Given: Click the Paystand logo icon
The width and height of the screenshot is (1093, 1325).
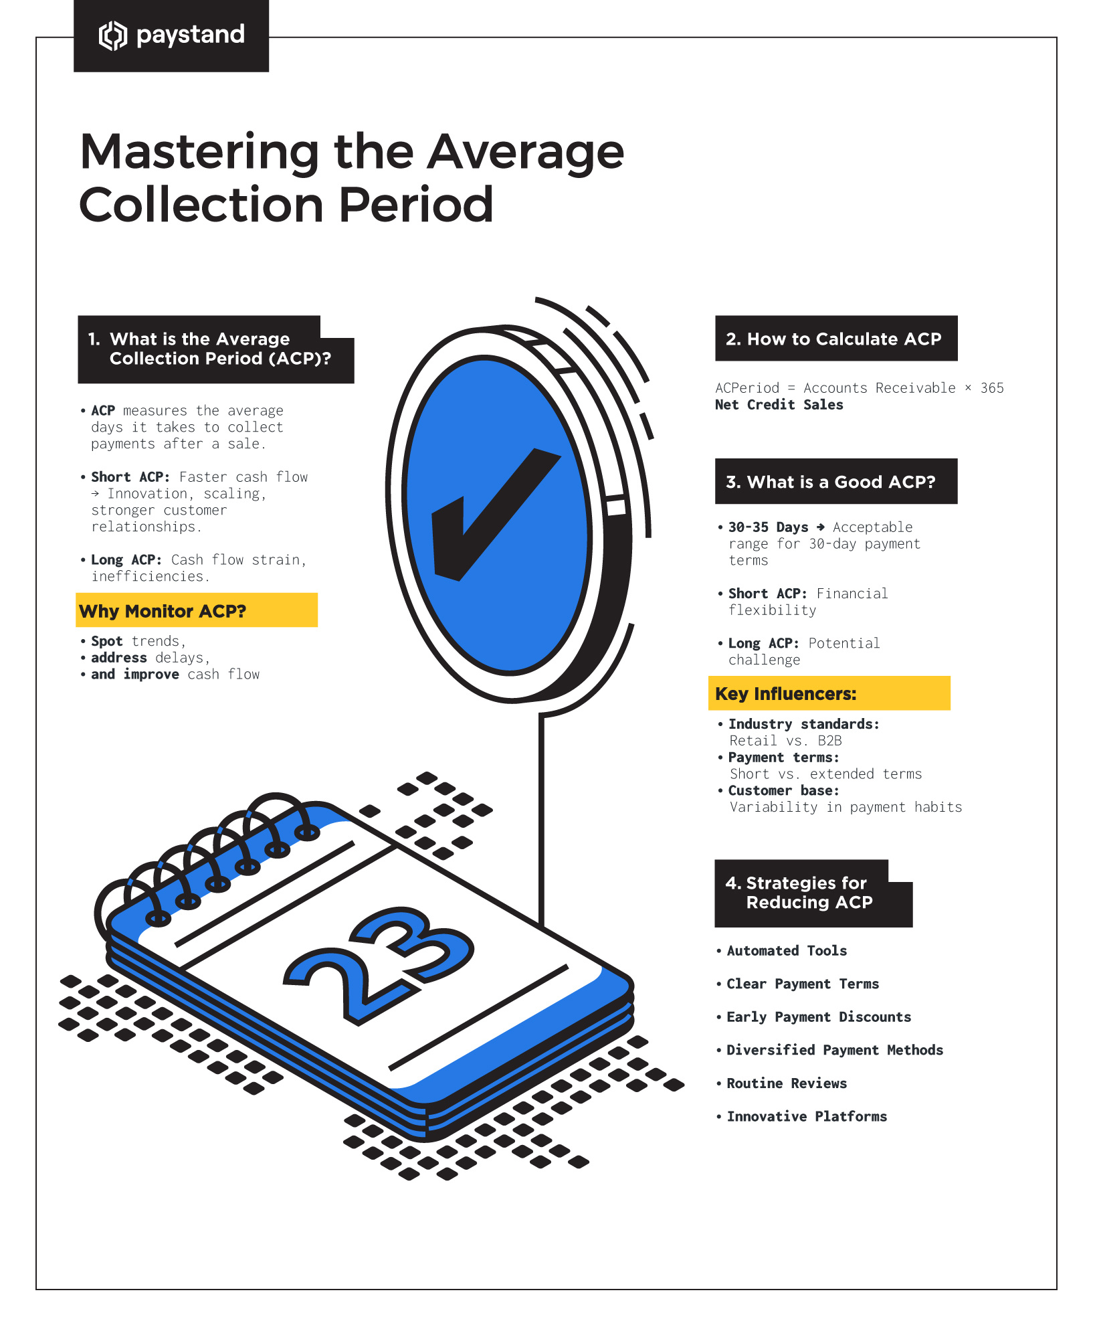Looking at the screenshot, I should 112,35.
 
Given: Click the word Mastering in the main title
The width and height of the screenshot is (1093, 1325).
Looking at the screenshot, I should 199,153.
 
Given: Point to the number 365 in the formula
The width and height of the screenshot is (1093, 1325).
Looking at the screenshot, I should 991,388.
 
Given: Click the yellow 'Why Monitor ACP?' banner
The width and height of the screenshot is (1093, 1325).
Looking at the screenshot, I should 196,610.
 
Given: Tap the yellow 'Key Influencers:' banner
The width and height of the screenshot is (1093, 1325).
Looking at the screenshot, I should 828,693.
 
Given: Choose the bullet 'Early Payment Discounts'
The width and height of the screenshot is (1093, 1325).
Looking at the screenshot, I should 818,1017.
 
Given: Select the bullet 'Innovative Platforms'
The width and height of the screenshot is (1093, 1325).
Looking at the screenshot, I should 806,1116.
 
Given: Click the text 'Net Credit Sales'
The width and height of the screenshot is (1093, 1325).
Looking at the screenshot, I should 779,405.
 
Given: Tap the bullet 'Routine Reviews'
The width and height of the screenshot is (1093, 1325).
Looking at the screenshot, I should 786,1083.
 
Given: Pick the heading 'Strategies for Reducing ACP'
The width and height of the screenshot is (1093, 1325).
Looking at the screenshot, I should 809,893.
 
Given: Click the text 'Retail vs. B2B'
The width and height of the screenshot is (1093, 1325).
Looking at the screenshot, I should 785,741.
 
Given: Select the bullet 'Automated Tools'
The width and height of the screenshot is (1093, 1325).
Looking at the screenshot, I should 786,951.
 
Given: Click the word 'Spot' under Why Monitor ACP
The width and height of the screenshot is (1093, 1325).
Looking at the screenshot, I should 107,641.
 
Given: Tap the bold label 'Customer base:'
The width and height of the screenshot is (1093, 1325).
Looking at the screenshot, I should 783,790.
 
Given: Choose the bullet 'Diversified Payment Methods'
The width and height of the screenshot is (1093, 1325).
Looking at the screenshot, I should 834,1050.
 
